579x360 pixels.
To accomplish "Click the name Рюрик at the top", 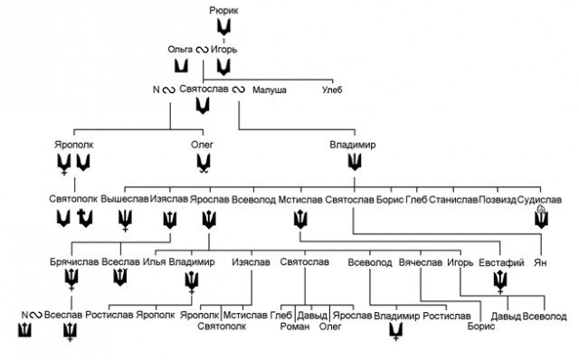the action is tap(223, 11).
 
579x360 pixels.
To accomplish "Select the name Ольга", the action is tap(180, 50).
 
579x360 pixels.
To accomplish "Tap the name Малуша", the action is tap(270, 90).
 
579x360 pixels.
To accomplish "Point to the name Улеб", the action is tap(332, 90).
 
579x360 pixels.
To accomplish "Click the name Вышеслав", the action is tap(125, 199).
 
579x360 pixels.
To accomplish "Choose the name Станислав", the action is tap(453, 200).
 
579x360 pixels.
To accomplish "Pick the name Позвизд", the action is tap(498, 200).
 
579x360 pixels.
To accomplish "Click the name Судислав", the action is tap(539, 200).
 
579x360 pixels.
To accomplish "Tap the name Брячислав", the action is tap(74, 262).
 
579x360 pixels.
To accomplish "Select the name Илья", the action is tap(155, 262).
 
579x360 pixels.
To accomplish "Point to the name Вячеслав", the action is tap(421, 262).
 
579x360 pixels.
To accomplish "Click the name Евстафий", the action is tap(501, 263).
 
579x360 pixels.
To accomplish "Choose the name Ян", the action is tap(540, 263).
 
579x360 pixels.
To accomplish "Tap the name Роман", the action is tap(295, 327).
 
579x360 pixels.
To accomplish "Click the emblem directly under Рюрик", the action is tap(223, 26).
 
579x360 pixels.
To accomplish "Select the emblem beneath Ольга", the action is tap(181, 66).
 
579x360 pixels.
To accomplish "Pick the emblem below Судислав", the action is tap(541, 217).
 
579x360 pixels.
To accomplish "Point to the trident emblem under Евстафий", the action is tap(500, 281).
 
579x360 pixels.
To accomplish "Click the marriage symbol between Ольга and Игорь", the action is tap(202, 50).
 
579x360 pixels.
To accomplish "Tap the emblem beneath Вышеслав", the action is tap(125, 220).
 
